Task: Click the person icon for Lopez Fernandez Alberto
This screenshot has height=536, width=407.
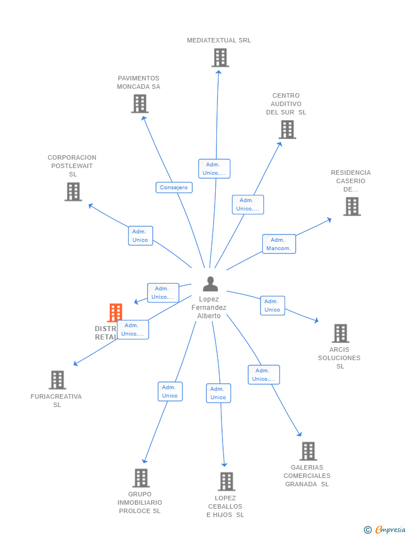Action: pyautogui.click(x=210, y=284)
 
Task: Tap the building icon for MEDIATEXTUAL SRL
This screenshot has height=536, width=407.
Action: pyautogui.click(x=220, y=58)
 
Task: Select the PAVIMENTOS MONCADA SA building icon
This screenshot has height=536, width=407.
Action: pyautogui.click(x=140, y=103)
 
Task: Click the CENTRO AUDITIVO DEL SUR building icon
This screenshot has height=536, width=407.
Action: pyautogui.click(x=287, y=130)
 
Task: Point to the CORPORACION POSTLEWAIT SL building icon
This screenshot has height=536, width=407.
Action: pyautogui.click(x=73, y=192)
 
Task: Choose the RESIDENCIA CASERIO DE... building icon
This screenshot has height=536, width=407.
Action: pyautogui.click(x=352, y=207)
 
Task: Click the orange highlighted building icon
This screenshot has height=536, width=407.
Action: pyautogui.click(x=115, y=312)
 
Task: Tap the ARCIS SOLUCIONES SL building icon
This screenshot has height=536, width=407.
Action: pyautogui.click(x=340, y=333)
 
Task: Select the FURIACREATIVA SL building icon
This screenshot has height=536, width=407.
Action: pyautogui.click(x=58, y=380)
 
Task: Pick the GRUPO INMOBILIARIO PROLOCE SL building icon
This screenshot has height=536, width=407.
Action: pyautogui.click(x=141, y=478)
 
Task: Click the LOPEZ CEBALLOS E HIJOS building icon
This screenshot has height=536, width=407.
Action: pyautogui.click(x=226, y=481)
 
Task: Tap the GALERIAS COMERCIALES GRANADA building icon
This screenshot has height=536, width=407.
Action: pyautogui.click(x=307, y=451)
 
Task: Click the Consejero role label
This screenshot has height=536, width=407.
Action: pyautogui.click(x=174, y=188)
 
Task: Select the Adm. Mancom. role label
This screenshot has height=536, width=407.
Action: pyautogui.click(x=279, y=244)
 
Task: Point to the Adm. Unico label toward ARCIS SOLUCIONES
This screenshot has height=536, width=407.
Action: pyautogui.click(x=272, y=305)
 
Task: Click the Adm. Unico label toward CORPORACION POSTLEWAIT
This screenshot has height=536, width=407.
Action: pyautogui.click(x=140, y=236)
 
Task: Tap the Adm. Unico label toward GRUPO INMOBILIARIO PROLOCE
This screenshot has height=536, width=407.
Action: pyautogui.click(x=170, y=391)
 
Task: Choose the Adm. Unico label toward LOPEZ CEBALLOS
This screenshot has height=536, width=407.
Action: pyautogui.click(x=218, y=393)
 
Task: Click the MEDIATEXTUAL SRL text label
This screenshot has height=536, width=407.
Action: pyautogui.click(x=219, y=40)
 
